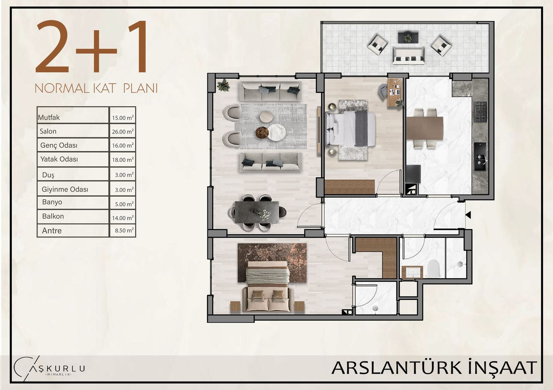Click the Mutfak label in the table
coord(49,118)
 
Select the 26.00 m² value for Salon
coord(123,131)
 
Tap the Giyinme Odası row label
coord(65,189)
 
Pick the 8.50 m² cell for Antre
coord(124,230)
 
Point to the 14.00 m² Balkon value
coord(123,218)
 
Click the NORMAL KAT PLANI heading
coord(96,88)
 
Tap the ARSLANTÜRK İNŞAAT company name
coord(434,368)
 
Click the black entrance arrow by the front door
coord(468,215)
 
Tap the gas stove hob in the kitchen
coord(480,112)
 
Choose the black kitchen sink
coord(480,157)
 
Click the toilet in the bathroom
coord(434,269)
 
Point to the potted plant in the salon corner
coord(223,85)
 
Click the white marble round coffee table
coord(276,133)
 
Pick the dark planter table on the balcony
coord(408,37)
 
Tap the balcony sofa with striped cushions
coord(408,57)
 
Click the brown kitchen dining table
coord(425,128)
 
